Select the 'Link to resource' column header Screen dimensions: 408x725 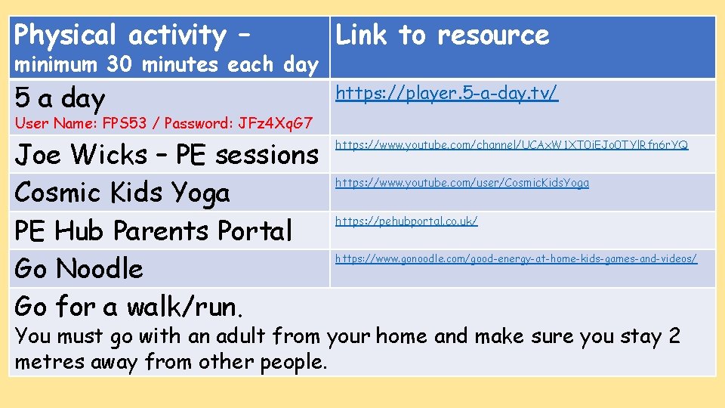pos(442,36)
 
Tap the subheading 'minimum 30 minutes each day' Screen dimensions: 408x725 pos(166,65)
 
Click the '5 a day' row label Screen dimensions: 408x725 pos(60,98)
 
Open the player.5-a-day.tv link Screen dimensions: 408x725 pos(446,93)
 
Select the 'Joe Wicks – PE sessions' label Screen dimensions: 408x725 pos(166,155)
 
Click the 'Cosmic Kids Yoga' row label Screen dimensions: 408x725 pos(122,193)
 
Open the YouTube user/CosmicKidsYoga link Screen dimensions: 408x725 pos(461,183)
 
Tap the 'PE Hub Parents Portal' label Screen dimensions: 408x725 pos(153,230)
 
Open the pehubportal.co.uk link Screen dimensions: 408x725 pos(406,221)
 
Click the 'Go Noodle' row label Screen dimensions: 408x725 pos(79,268)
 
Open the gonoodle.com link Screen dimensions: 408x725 pos(516,259)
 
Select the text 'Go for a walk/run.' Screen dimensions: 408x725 pos(129,307)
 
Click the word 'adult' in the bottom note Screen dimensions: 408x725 pos(242,335)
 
